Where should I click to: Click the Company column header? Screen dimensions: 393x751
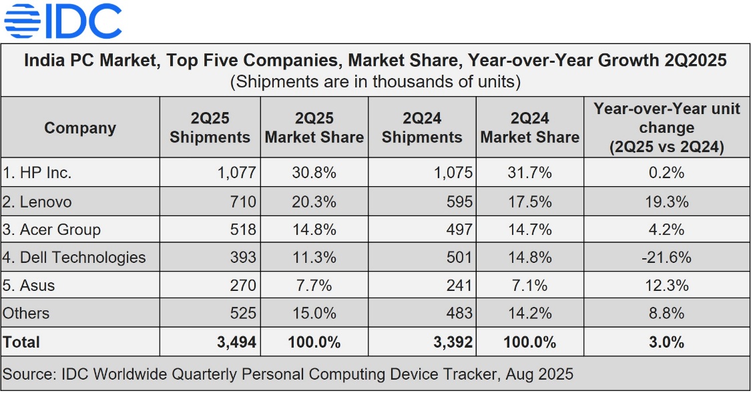coord(80,127)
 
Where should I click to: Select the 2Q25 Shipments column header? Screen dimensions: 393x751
coord(210,127)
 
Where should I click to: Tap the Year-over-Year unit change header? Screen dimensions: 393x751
coord(666,127)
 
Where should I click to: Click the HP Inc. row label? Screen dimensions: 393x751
coord(37,173)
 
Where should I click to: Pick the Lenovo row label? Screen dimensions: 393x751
coord(37,202)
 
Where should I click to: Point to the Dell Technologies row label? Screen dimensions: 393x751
coord(74,258)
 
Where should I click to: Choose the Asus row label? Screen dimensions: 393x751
coord(29,286)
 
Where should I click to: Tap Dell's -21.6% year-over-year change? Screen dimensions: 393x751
coord(666,258)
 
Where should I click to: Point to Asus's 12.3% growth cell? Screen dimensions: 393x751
coord(666,286)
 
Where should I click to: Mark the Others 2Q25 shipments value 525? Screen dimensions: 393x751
coord(242,313)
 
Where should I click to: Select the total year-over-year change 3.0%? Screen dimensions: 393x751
coord(666,342)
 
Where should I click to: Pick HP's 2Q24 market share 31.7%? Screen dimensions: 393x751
coord(529,173)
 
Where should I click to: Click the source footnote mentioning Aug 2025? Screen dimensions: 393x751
coord(288,374)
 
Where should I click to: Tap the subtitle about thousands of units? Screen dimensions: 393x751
coord(375,81)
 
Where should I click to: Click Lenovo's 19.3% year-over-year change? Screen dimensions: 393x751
coord(666,202)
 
